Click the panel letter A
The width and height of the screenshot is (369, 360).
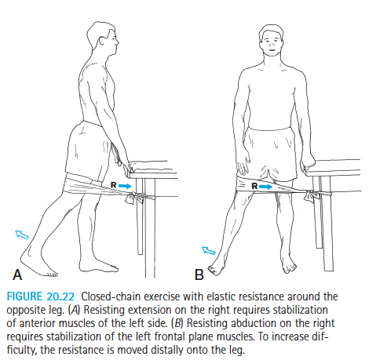coord(17,275)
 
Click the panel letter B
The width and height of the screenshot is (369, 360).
coord(199,275)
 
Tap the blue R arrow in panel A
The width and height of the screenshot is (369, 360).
coord(125,186)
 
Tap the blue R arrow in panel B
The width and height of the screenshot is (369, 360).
coord(266,187)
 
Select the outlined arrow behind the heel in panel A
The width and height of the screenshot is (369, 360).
coord(22,235)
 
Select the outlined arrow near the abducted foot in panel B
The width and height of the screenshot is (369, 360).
coord(209,250)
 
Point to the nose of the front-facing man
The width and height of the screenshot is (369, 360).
coord(272,45)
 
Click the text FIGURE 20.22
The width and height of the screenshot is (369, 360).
coord(41,296)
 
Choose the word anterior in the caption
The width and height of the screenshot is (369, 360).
coord(38,323)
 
